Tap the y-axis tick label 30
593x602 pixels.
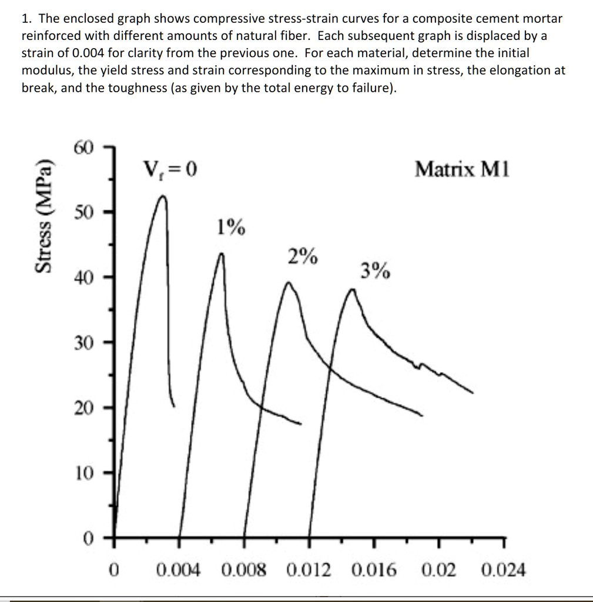point(83,343)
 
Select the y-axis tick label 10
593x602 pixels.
point(83,473)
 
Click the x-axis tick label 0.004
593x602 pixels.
point(178,570)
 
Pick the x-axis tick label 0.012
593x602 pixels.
point(309,570)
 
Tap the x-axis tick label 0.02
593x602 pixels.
point(439,570)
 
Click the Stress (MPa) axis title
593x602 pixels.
point(42,216)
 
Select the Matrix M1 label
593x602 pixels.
point(463,170)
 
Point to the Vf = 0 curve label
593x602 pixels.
point(170,170)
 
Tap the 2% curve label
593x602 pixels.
point(303,256)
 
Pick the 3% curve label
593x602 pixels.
point(374,271)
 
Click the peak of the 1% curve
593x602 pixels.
point(222,254)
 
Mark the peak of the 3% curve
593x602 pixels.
point(352,289)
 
